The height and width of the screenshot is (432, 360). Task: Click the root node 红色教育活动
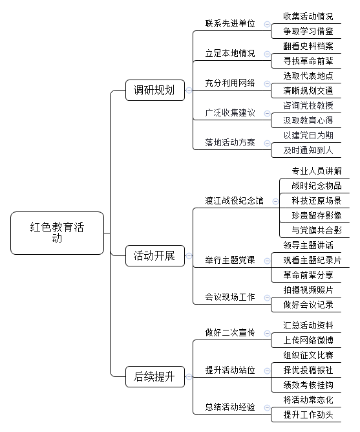pyautogui.click(x=57, y=233)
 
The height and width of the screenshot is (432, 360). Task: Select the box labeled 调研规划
pyautogui.click(x=155, y=90)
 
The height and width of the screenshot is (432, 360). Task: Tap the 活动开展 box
pyautogui.click(x=155, y=255)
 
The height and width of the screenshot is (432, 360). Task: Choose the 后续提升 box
pyautogui.click(x=155, y=376)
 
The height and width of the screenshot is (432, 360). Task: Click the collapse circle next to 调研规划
pyautogui.click(x=189, y=90)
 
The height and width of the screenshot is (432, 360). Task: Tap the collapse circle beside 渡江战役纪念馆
pyautogui.click(x=275, y=201)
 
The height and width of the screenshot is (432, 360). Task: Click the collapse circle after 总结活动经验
pyautogui.click(x=267, y=407)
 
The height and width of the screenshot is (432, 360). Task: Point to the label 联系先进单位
pyautogui.click(x=230, y=23)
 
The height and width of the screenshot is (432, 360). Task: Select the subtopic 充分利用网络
pyautogui.click(x=230, y=83)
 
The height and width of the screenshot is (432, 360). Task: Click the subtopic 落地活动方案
pyautogui.click(x=230, y=142)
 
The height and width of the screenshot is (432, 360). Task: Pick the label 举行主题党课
pyautogui.click(x=230, y=260)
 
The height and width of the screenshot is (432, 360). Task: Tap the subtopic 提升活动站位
pyautogui.click(x=230, y=370)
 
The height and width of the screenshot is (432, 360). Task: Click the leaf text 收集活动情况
pyautogui.click(x=308, y=16)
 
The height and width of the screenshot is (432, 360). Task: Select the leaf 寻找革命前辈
pyautogui.click(x=308, y=61)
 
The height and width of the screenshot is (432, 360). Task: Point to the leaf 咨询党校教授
pyautogui.click(x=308, y=105)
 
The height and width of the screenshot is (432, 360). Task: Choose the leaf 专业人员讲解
pyautogui.click(x=317, y=171)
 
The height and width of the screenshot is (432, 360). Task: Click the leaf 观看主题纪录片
pyautogui.click(x=312, y=260)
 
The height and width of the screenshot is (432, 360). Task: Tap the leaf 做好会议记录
pyautogui.click(x=308, y=305)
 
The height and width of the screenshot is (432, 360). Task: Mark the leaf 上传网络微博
pyautogui.click(x=308, y=340)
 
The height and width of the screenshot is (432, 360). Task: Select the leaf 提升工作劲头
pyautogui.click(x=308, y=415)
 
